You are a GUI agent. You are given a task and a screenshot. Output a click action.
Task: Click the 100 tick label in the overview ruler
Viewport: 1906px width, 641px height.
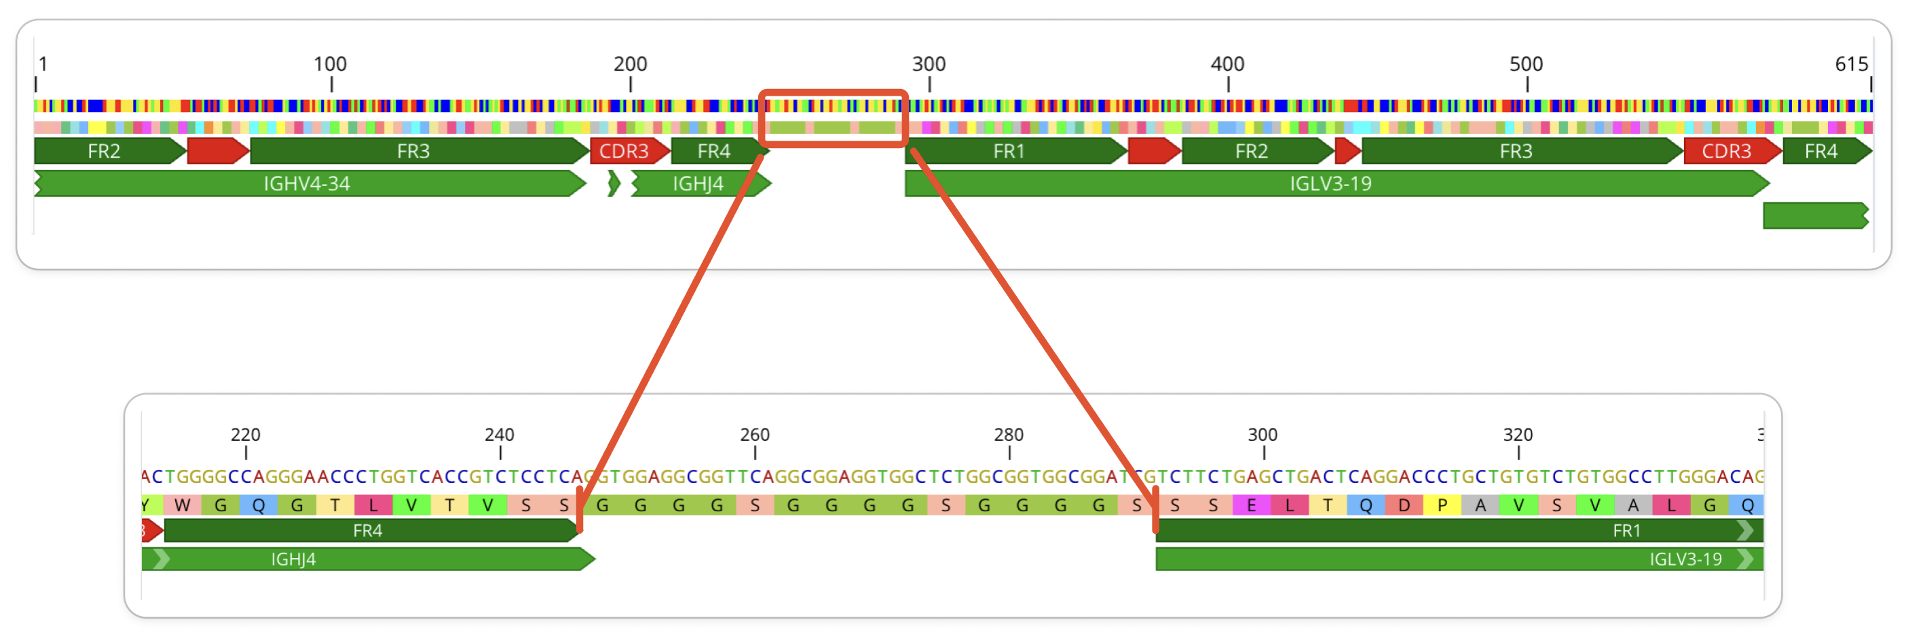[330, 65]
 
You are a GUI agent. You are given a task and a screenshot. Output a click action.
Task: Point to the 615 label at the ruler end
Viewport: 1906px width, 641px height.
[1851, 65]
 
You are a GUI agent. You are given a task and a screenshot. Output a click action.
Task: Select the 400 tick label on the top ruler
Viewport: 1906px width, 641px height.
[1227, 65]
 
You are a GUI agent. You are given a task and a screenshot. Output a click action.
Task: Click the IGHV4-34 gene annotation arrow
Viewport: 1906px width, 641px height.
[307, 183]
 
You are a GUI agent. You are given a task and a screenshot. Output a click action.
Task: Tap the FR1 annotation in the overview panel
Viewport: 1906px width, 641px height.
[1009, 151]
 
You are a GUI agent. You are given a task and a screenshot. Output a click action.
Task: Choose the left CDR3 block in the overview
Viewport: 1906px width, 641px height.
[624, 151]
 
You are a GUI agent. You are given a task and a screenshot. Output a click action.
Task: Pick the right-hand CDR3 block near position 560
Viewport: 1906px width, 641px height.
[1726, 151]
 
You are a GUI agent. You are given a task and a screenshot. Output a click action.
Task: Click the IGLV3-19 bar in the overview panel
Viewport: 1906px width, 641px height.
[1330, 183]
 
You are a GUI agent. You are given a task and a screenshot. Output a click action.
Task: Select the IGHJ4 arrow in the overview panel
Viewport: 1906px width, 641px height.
[698, 183]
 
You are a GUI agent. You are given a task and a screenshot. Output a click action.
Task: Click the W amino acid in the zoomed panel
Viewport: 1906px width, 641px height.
[182, 506]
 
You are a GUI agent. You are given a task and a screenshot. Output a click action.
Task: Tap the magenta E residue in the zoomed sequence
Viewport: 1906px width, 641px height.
[1251, 506]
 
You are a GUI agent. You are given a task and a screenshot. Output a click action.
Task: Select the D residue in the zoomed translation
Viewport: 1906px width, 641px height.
[1404, 506]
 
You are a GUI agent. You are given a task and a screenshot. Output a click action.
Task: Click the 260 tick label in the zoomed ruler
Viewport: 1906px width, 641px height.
[755, 435]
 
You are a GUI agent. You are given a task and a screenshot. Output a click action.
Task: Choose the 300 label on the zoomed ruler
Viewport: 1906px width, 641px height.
[1263, 435]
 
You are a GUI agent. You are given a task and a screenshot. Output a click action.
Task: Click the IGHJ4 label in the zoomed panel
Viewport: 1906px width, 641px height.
[294, 559]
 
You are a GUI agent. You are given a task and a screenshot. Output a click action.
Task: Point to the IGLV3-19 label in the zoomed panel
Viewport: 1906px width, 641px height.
[1685, 559]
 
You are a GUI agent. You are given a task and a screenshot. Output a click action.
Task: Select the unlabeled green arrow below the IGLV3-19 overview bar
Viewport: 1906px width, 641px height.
[1815, 215]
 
